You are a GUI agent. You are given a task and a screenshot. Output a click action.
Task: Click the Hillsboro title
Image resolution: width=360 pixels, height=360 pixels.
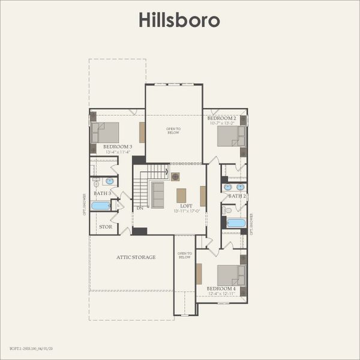pyautogui.click(x=179, y=19)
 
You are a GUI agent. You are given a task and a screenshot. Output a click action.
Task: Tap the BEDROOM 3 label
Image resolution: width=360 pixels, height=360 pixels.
pyautogui.click(x=118, y=146)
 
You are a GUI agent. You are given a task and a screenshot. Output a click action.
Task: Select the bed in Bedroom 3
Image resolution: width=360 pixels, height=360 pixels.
pyautogui.click(x=106, y=133)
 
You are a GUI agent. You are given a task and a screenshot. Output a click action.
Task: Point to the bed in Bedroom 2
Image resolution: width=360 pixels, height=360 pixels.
pyautogui.click(x=230, y=136)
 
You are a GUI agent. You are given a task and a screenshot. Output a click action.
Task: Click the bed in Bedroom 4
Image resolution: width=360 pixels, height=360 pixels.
pyautogui.click(x=230, y=275)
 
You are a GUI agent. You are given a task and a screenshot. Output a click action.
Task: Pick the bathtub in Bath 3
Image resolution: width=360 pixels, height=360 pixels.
pyautogui.click(x=101, y=206)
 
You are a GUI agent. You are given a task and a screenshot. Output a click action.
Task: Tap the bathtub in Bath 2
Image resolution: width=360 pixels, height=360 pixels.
pyautogui.click(x=236, y=223)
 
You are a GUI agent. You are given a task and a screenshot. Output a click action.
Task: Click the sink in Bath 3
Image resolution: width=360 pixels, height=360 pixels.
pyautogui.click(x=110, y=181)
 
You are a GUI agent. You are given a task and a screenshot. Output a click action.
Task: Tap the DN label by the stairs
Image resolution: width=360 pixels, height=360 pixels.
pyautogui.click(x=139, y=208)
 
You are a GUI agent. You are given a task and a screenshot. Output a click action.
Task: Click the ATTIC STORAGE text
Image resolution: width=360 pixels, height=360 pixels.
pyautogui.click(x=136, y=257)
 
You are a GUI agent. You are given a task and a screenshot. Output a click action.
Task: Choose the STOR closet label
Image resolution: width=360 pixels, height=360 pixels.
pyautogui.click(x=105, y=227)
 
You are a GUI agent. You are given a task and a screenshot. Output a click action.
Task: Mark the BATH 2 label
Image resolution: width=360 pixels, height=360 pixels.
pyautogui.click(x=237, y=196)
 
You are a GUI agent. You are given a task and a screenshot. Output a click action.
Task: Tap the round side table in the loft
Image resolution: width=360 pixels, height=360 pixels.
pyautogui.click(x=176, y=176)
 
